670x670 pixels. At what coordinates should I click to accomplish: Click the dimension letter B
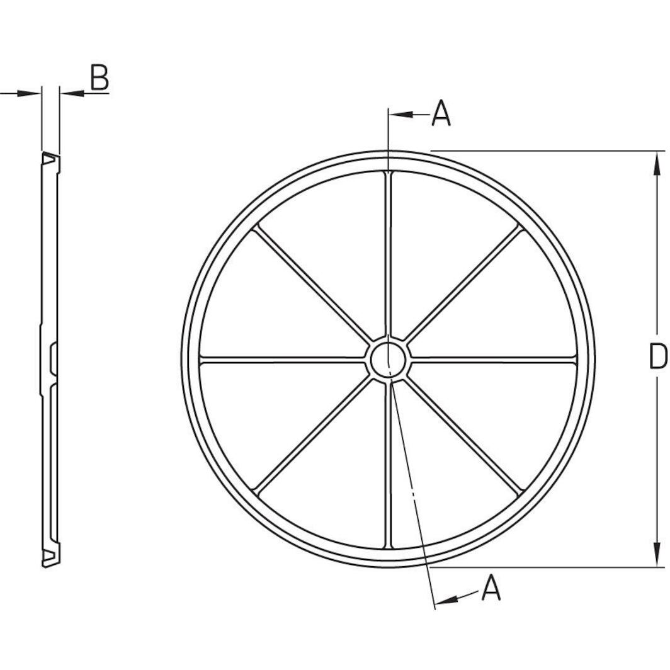point(99,78)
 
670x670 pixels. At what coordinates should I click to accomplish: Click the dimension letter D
point(657,357)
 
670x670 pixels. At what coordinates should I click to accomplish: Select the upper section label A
point(441,114)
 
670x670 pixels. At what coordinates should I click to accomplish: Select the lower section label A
point(491,589)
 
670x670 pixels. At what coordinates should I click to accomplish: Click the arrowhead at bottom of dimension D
point(657,557)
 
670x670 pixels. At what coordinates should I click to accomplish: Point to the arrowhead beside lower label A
point(448,599)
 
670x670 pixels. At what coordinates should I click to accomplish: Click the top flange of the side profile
point(50,161)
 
